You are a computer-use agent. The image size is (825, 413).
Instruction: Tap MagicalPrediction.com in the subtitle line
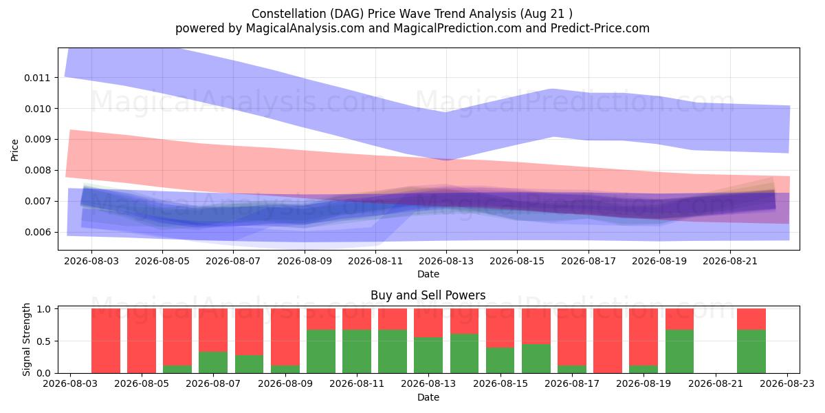click(457, 28)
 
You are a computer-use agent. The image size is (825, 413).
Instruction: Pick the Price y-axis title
click(14, 150)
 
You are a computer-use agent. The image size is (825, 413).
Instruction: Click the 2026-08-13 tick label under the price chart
click(446, 261)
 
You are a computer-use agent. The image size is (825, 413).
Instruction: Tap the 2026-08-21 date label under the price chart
click(730, 261)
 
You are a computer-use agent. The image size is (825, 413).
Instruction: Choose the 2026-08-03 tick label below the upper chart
click(91, 261)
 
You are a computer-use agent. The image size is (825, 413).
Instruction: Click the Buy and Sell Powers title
click(428, 295)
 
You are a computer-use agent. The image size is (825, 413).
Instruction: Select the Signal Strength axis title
click(26, 339)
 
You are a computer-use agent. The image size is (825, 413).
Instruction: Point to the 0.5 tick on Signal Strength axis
click(43, 341)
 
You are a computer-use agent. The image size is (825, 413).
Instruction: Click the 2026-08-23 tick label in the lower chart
click(787, 384)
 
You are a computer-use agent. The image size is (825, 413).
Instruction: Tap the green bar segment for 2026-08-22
click(751, 352)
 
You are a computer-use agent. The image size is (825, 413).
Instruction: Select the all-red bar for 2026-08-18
click(608, 341)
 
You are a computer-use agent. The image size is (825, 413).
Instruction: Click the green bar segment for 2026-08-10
click(321, 352)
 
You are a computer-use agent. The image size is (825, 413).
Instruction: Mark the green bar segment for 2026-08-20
click(679, 352)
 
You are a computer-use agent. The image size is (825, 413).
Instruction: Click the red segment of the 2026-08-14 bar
click(465, 321)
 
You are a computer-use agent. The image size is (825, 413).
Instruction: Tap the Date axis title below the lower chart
click(428, 397)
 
